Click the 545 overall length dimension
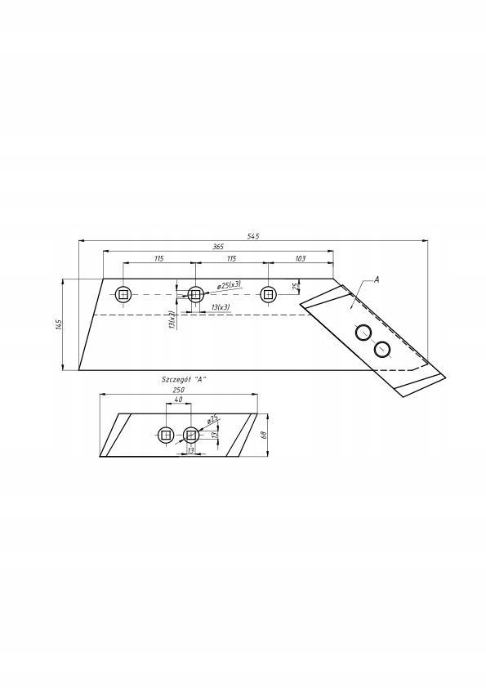253,236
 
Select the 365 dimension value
218,247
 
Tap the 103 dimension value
300,258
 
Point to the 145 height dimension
58,324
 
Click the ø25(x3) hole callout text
229,285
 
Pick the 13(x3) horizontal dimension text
221,307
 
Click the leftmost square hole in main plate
123,294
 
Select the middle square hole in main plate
195,294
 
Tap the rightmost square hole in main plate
268,294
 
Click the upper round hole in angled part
363,333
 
